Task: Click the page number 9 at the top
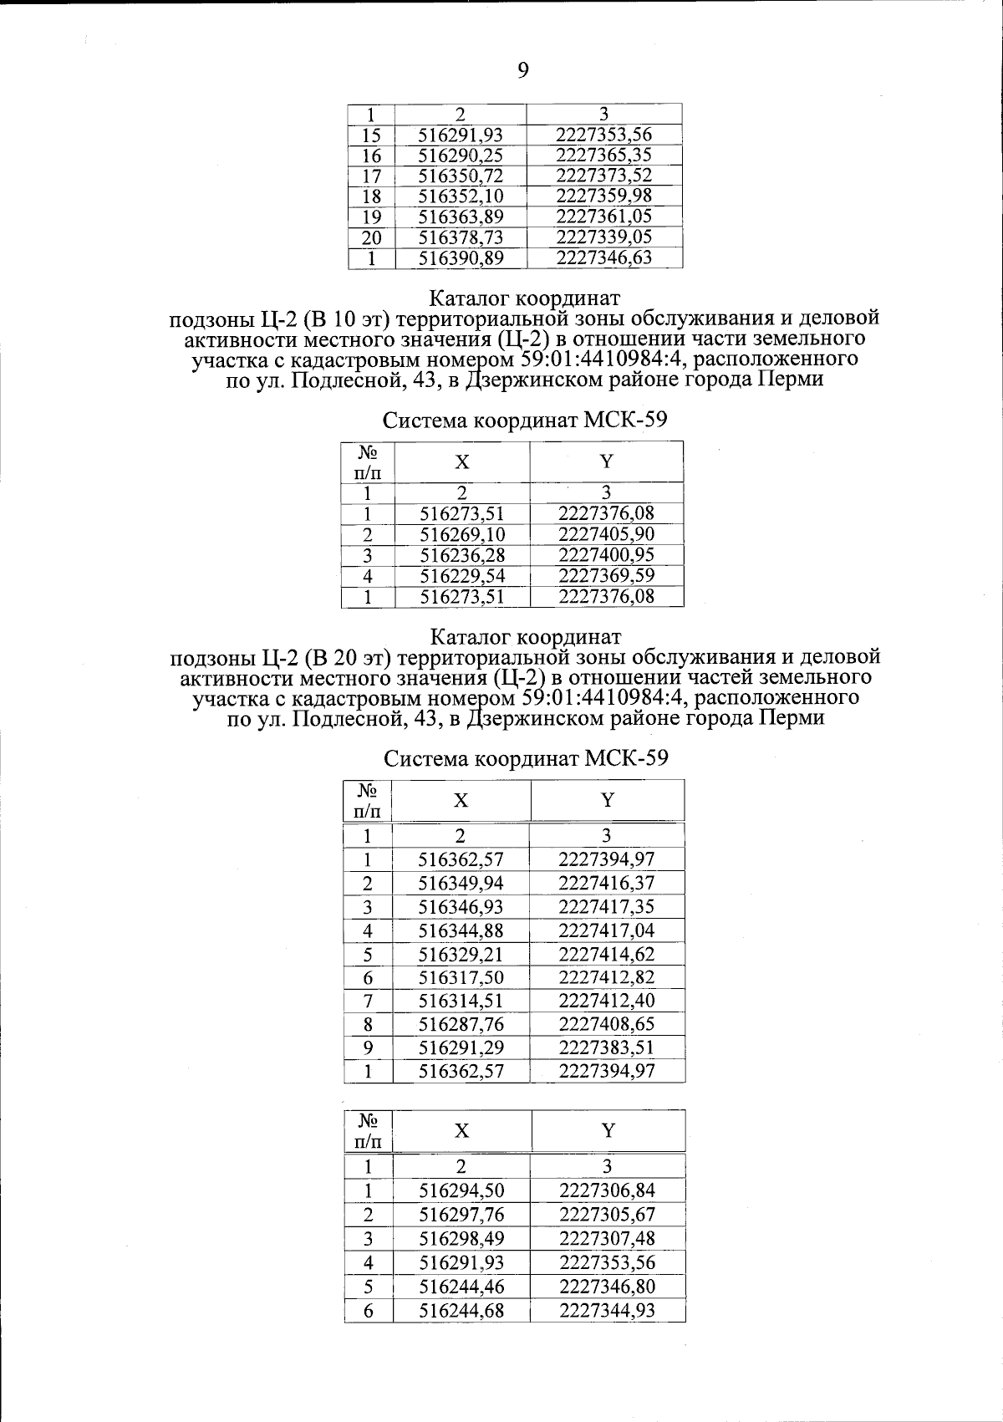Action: tap(523, 70)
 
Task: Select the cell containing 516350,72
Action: tap(461, 176)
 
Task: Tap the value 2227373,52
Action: tap(603, 176)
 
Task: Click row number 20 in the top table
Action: tap(371, 237)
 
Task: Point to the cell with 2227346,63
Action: tap(603, 257)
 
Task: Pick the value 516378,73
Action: tap(461, 237)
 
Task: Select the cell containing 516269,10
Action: tap(462, 534)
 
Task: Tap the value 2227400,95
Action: tap(606, 554)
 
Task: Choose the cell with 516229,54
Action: tap(462, 575)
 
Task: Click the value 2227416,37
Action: tap(606, 883)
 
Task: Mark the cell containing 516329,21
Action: tap(461, 954)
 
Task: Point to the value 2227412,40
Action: tap(606, 1001)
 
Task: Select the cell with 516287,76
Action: tap(461, 1024)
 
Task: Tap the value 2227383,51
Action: tap(606, 1047)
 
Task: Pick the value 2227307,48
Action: tap(607, 1238)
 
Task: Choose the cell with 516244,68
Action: tap(461, 1310)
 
